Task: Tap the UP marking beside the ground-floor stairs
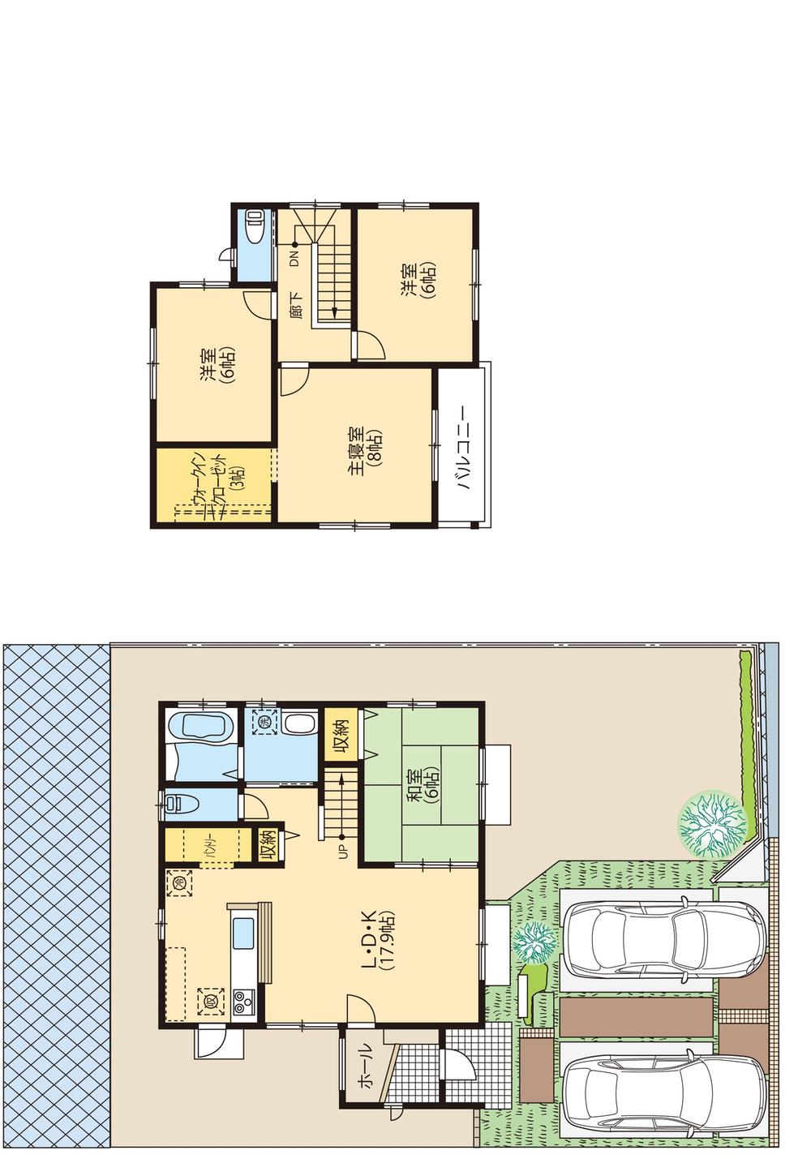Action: [341, 852]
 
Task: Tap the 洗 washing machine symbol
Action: [263, 719]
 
